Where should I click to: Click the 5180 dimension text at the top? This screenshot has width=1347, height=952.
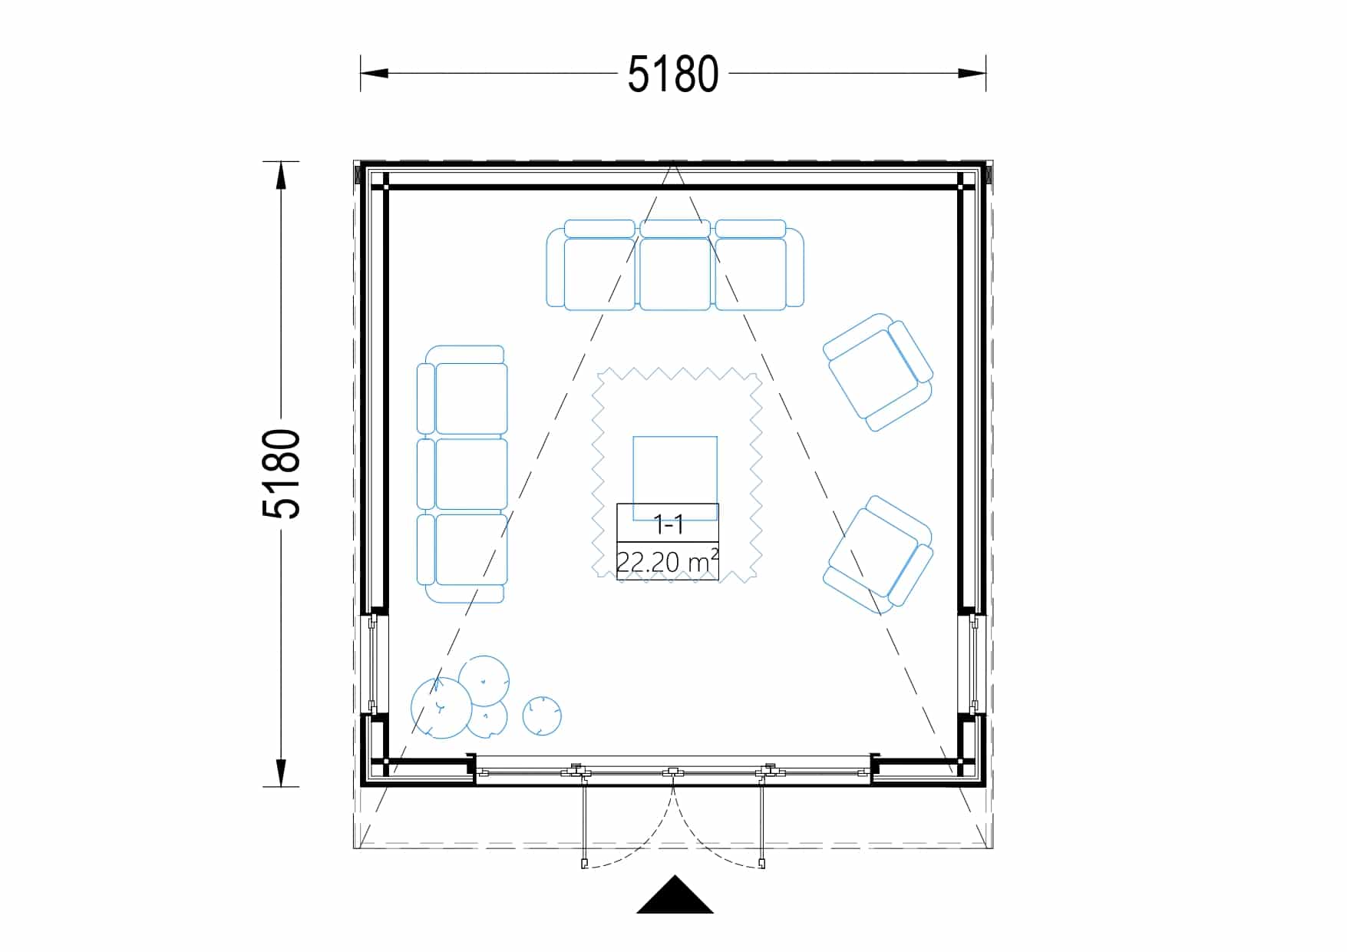click(x=673, y=74)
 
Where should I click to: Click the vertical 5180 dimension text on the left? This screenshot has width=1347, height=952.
click(x=281, y=474)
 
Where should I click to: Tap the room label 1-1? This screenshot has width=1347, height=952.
click(x=668, y=524)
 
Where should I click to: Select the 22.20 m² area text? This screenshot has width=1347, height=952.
click(x=668, y=561)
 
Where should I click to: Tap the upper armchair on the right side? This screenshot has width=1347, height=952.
click(x=878, y=372)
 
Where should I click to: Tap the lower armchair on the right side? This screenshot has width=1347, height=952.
click(x=878, y=554)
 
